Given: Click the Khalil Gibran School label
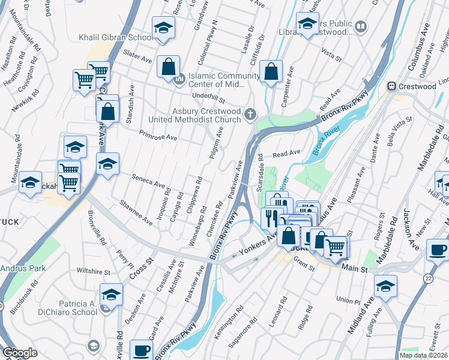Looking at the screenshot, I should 116,37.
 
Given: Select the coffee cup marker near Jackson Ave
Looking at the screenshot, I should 437,250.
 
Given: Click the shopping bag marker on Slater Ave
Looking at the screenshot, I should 169,66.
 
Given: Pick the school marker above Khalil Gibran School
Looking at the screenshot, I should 162,28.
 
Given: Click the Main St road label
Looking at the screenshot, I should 354,271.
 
